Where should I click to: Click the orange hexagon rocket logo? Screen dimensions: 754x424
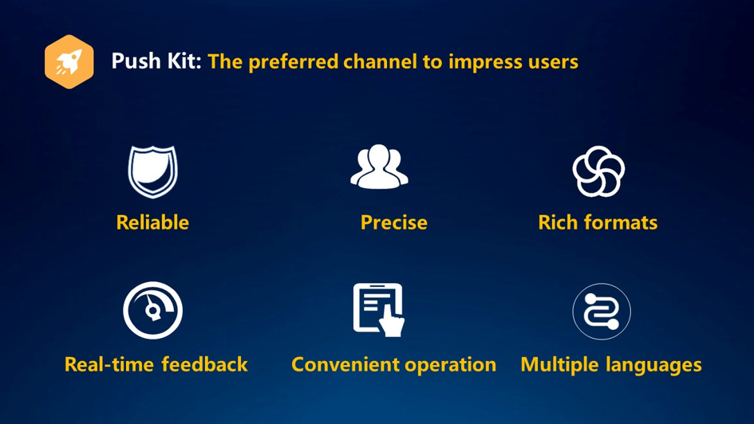(x=69, y=61)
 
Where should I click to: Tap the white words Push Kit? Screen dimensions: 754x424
(x=156, y=61)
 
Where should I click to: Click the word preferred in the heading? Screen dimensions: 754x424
(x=294, y=61)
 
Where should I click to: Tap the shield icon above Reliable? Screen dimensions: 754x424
(x=153, y=171)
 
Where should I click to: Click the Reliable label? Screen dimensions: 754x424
(x=152, y=222)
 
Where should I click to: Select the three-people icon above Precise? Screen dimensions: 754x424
(x=380, y=166)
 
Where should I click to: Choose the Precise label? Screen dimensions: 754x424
(x=394, y=222)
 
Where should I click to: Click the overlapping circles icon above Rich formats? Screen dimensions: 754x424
(x=598, y=171)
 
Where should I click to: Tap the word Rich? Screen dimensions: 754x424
(x=558, y=222)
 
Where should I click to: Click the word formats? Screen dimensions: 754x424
(x=621, y=222)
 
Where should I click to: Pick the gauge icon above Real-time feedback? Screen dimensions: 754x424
(x=153, y=310)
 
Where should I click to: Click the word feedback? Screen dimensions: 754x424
(x=204, y=364)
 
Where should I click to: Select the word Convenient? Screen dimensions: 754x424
(x=345, y=364)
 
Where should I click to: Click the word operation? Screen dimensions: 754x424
(x=451, y=365)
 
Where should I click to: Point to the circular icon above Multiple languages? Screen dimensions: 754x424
(x=602, y=312)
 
